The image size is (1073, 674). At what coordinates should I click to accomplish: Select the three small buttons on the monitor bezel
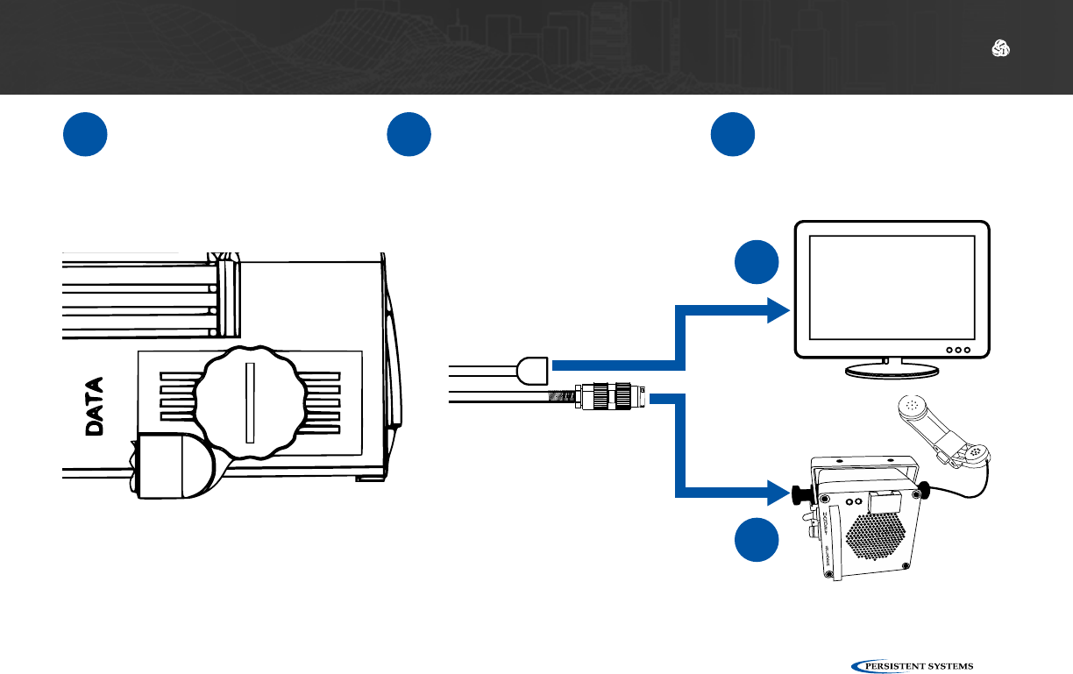point(959,350)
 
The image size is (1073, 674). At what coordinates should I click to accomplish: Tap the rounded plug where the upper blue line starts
point(533,370)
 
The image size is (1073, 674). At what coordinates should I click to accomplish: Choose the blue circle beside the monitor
point(755,261)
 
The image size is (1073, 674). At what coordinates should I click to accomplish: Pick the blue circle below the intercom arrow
point(755,541)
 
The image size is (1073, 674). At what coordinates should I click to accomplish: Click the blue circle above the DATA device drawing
point(85,135)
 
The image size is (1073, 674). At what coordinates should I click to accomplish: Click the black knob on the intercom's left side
point(799,494)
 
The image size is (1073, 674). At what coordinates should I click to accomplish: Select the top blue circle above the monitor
point(733,135)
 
